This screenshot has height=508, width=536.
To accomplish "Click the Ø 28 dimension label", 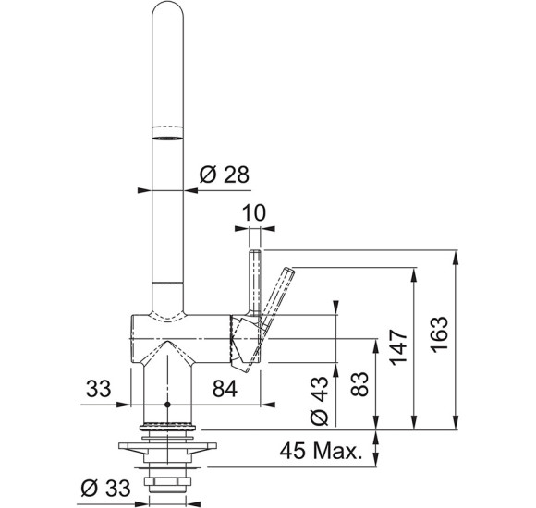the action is coord(225,175).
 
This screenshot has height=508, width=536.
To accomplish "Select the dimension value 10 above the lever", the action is coord(253,212).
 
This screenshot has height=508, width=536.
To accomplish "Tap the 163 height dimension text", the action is coord(439,334).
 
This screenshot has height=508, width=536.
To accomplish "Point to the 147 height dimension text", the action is coord(398,347).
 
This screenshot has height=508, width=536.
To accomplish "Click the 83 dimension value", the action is coord(359,384).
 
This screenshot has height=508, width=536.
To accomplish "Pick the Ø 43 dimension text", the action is coord(319,401).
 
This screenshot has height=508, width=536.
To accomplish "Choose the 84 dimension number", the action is coord(225,389).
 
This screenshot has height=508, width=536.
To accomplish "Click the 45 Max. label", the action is coord(321,451).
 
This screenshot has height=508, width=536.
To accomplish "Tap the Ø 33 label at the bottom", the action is coord(105,488).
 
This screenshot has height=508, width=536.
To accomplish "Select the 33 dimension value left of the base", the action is coord(99,389).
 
